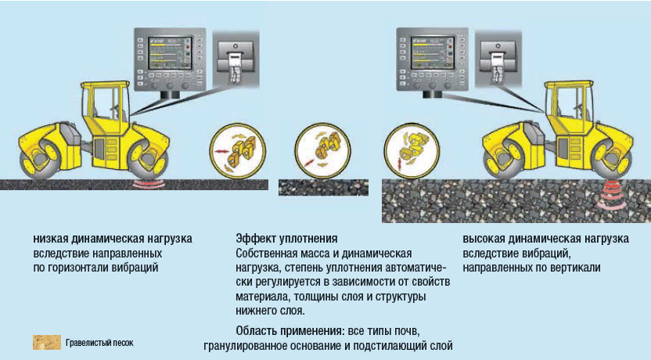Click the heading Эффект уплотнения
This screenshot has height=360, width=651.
[x=286, y=238]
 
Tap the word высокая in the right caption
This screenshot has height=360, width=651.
[x=485, y=238]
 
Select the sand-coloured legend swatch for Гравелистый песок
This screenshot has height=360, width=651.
[x=46, y=342]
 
